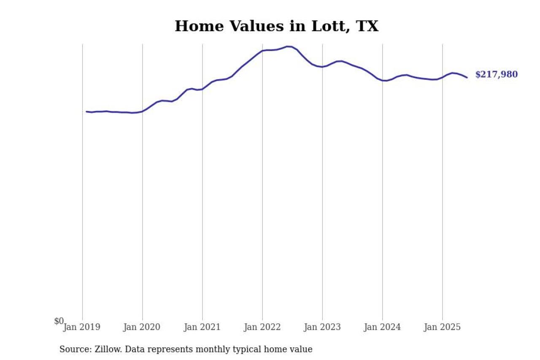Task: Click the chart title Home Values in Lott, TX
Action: [276, 27]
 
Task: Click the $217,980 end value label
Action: [496, 75]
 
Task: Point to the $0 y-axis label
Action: [59, 321]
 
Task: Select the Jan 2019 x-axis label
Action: [82, 327]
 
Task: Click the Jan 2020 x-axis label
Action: [142, 327]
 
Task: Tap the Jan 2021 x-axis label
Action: [202, 327]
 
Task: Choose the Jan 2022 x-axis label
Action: [262, 327]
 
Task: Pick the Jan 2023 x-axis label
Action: [322, 327]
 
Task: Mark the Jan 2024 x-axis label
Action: [383, 327]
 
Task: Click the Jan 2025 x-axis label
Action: [443, 327]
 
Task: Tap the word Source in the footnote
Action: [74, 349]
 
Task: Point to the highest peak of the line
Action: [288, 46]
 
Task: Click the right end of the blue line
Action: [467, 77]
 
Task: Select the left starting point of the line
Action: [86, 112]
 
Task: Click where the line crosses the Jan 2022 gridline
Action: [262, 51]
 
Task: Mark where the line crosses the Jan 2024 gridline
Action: [383, 80]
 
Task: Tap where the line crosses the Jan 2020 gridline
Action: [142, 111]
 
